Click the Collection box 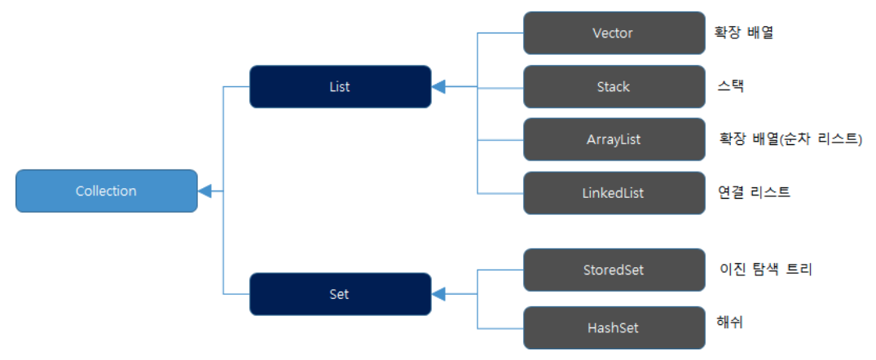tap(106, 191)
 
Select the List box tap(340, 86)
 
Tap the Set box tap(340, 294)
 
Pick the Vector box tap(614, 33)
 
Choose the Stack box tap(614, 86)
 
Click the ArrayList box tap(614, 139)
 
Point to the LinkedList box tap(614, 193)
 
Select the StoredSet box tap(614, 270)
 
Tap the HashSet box tap(614, 327)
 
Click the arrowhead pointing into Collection tap(204, 191)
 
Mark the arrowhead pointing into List tap(438, 86)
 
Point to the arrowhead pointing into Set tap(438, 294)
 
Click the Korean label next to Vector tap(743, 33)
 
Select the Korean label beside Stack tap(730, 86)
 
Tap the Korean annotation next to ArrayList tap(790, 138)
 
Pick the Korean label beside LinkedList tap(755, 192)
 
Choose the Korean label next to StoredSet tap(766, 269)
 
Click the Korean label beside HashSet tap(729, 322)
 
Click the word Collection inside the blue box tap(106, 191)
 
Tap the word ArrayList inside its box tap(614, 139)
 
